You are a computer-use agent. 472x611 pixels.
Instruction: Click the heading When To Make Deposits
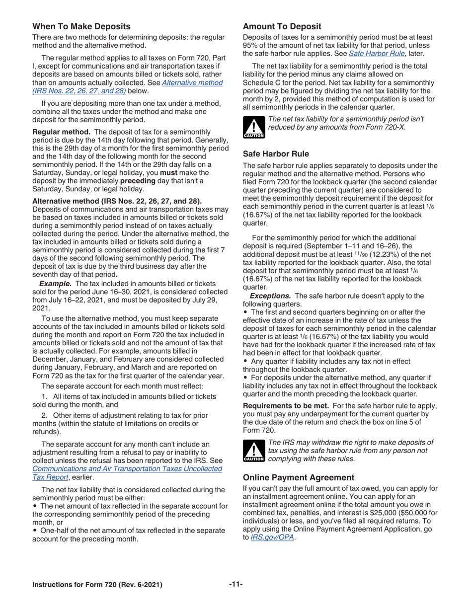(x=81, y=27)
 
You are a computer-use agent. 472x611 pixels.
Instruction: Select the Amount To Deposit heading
(x=282, y=27)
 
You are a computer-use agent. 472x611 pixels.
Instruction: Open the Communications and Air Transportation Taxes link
(x=127, y=469)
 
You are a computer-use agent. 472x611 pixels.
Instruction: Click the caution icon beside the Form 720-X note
(x=249, y=130)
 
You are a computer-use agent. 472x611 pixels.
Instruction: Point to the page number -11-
(x=236, y=585)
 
